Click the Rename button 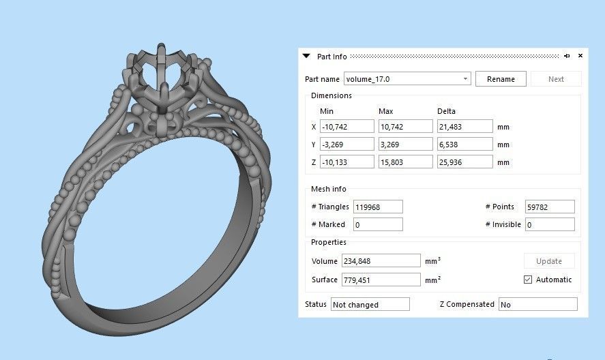pos(501,79)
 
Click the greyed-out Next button pos(556,79)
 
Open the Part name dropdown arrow pos(466,79)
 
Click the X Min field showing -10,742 pos(347,127)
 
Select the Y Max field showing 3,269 pos(406,145)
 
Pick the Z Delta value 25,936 pos(464,162)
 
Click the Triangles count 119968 pos(378,207)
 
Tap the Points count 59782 pos(550,207)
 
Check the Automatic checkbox pos(528,280)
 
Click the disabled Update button pos(549,261)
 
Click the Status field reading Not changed pos(370,305)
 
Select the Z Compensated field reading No pos(537,305)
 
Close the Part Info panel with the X pos(580,56)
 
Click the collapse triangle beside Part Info pos(307,56)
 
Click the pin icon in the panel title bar pos(567,56)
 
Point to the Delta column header pos(446,111)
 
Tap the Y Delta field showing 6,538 pos(464,145)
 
